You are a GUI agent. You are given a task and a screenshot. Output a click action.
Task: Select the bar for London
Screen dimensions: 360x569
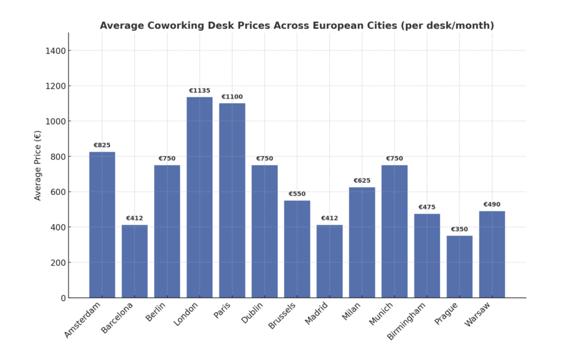pyautogui.click(x=199, y=197)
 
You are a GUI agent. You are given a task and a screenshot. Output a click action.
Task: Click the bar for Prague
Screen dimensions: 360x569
pyautogui.click(x=460, y=267)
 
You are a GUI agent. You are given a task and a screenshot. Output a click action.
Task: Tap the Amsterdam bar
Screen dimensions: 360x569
pyautogui.click(x=102, y=224)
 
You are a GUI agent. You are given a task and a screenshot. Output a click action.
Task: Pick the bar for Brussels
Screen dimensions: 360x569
pyautogui.click(x=297, y=249)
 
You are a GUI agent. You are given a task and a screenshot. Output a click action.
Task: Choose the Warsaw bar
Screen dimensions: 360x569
pyautogui.click(x=492, y=254)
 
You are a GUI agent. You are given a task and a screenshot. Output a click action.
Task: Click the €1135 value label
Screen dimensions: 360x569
pyautogui.click(x=199, y=91)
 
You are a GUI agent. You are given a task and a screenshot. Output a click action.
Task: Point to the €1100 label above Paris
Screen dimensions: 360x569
pyautogui.click(x=232, y=97)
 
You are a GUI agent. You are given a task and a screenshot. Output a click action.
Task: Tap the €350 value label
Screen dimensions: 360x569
pyautogui.click(x=460, y=229)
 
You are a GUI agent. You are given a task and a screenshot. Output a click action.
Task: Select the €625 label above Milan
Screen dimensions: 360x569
pyautogui.click(x=362, y=181)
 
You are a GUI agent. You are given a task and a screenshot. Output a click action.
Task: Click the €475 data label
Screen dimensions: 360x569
pyautogui.click(x=427, y=207)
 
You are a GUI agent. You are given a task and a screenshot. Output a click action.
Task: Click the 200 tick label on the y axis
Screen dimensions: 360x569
pyautogui.click(x=57, y=262)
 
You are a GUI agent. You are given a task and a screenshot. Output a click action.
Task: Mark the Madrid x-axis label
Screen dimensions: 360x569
pyautogui.click(x=317, y=314)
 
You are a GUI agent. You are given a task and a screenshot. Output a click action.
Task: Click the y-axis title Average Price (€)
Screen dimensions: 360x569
pyautogui.click(x=38, y=165)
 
